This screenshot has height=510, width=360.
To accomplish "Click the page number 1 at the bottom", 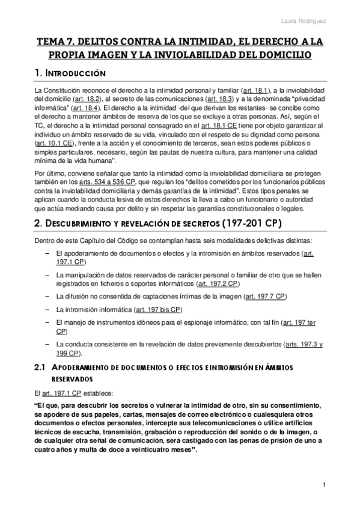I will coord(324,485).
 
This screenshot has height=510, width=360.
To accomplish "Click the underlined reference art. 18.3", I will coord(217,98).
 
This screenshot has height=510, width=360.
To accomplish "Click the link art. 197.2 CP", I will coord(219,283).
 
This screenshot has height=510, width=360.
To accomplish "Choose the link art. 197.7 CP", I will coord(265,296).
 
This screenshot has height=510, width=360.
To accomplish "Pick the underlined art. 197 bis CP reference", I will coord(159,310).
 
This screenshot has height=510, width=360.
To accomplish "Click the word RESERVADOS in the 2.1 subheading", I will coord(72,379).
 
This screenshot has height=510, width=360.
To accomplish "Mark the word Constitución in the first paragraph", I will coord(65,89).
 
